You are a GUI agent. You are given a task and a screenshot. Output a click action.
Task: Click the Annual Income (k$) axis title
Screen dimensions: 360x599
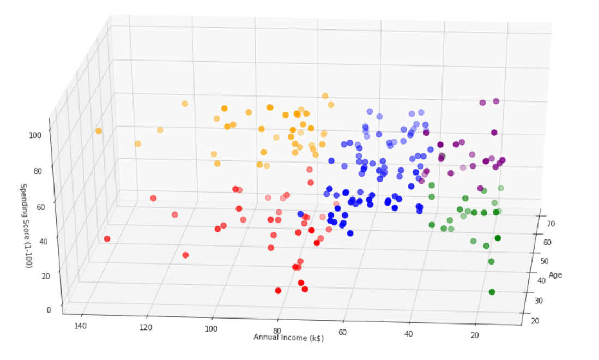point(288,337)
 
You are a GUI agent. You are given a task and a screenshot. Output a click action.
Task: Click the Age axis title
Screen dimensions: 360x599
point(555,274)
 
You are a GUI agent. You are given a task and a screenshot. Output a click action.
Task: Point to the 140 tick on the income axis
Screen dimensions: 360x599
point(81,326)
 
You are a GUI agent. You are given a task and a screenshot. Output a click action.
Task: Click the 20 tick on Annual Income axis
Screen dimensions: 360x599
point(474,335)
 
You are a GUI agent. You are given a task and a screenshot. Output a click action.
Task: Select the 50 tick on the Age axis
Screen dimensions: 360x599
point(544,261)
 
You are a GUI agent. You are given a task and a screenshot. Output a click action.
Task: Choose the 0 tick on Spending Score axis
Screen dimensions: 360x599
point(49,310)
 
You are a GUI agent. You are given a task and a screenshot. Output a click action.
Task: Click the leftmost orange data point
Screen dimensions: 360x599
point(99,131)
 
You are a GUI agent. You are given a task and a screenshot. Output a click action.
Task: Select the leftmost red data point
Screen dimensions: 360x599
point(107,239)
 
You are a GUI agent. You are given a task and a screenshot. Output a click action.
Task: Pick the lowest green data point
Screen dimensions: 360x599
point(492,292)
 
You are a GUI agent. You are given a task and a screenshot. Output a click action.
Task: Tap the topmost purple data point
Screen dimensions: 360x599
point(496,101)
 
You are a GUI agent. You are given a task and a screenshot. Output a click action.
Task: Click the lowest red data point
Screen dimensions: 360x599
point(278,291)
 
